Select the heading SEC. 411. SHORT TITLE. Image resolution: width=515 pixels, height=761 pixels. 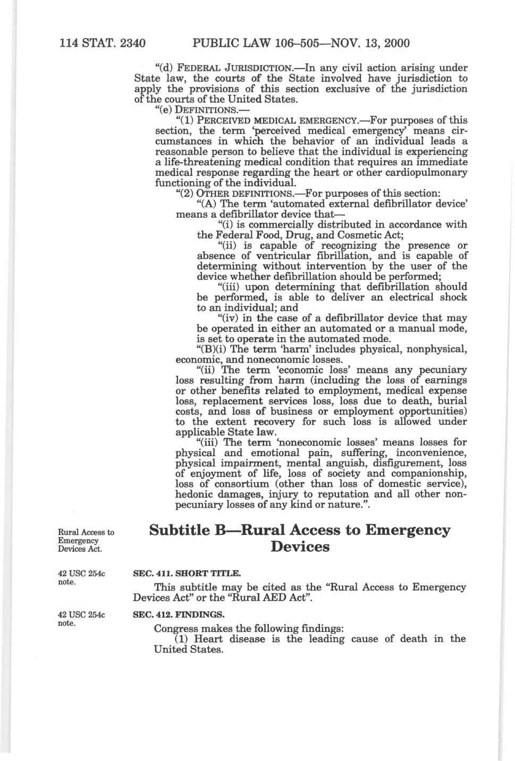pos(187,574)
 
